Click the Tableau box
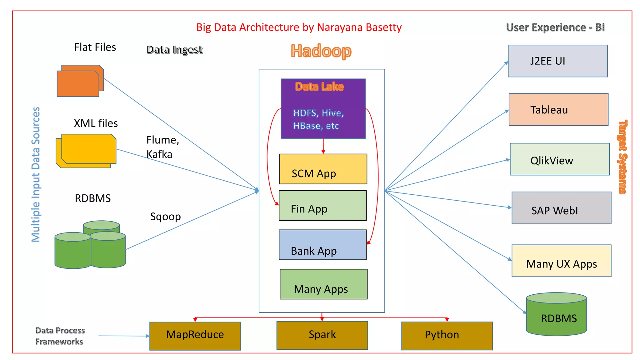558,110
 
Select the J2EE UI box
557,61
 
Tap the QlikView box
560,159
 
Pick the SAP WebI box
561,208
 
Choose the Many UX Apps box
561,261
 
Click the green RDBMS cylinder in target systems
556,316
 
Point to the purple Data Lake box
323,108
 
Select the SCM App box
323,169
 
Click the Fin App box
322,206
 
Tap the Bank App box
322,245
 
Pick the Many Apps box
323,284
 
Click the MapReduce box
195,336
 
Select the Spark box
322,335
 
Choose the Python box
447,336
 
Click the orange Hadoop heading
321,51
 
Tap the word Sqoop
165,217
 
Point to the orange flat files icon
80,81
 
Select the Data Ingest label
174,50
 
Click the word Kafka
159,154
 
